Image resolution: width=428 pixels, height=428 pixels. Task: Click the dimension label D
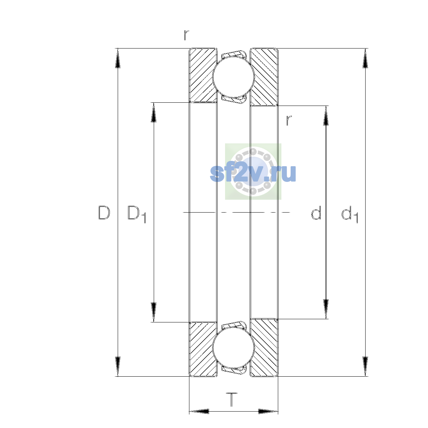[x=104, y=213]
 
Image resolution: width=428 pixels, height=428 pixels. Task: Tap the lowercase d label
[x=316, y=213]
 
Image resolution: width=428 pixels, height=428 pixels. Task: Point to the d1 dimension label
[x=350, y=214]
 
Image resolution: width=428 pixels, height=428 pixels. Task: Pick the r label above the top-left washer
[x=186, y=35]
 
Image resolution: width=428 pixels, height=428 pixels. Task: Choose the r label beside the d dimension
[x=289, y=121]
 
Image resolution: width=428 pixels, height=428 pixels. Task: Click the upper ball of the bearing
[x=233, y=77]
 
